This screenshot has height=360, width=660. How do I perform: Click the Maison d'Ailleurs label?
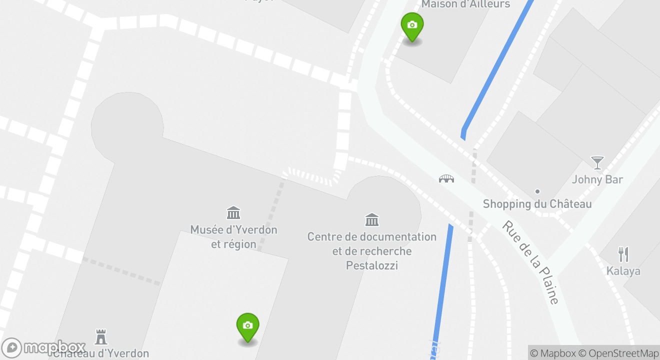click(465, 4)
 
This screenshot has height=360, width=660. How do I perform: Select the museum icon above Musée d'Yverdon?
click(233, 213)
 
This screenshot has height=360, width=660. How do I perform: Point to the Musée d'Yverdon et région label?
click(233, 237)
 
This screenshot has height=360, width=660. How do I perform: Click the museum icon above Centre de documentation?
click(372, 219)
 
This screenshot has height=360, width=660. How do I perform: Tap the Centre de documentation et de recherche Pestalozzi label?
click(372, 251)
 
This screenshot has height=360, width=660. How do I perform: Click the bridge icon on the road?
click(446, 178)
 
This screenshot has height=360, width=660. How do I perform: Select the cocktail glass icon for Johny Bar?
click(597, 162)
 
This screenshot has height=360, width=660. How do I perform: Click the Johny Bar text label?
click(597, 179)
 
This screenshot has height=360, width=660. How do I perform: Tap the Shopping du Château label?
click(537, 204)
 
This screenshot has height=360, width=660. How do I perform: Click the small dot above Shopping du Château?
click(537, 191)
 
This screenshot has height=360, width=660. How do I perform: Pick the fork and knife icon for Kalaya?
click(623, 254)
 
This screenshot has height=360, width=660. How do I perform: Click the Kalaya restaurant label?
click(623, 271)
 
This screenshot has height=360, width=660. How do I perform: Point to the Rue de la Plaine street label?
click(530, 262)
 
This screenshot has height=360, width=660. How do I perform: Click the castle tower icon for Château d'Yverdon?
click(101, 336)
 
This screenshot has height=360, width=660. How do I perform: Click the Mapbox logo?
click(43, 347)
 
